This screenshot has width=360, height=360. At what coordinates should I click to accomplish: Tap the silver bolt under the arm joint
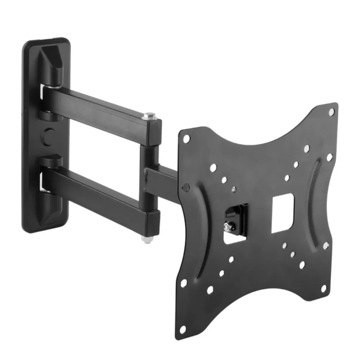(x=145, y=239)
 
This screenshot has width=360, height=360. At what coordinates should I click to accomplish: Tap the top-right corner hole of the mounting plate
(x=331, y=112)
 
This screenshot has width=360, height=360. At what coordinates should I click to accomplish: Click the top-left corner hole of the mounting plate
(x=186, y=138)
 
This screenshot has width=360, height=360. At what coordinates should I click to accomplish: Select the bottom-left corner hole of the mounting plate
(x=182, y=330)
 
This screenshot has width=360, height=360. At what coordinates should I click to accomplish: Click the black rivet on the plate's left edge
(x=187, y=186)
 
